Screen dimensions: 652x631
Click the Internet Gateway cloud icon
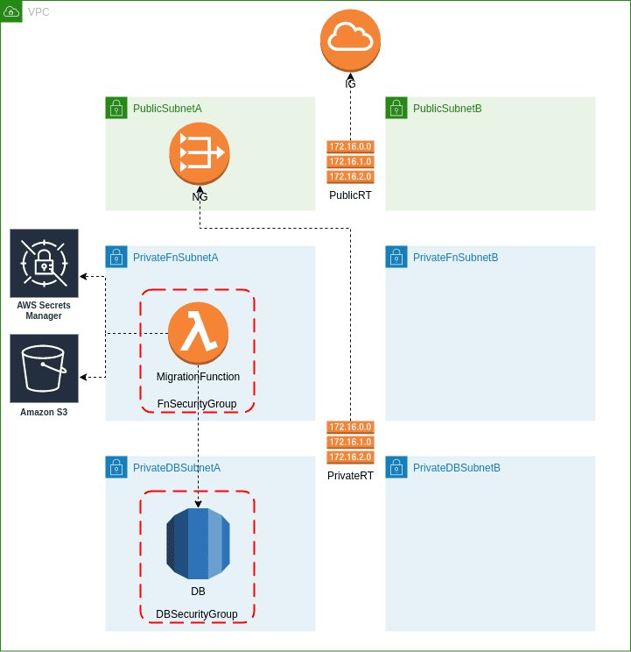[350, 40]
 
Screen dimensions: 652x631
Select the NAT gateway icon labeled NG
[200, 152]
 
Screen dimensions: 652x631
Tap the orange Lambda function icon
[199, 333]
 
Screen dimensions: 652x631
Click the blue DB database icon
[198, 543]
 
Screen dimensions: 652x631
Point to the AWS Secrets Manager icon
[44, 263]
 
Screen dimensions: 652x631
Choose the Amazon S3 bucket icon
[44, 368]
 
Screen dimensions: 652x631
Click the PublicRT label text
[350, 195]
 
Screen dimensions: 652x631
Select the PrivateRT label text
[350, 476]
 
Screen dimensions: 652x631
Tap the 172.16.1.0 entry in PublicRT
[350, 162]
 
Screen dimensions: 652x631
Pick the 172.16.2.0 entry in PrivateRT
[350, 457]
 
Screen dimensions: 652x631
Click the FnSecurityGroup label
[197, 404]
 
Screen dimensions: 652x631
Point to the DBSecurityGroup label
[197, 614]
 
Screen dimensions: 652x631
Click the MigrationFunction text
[198, 377]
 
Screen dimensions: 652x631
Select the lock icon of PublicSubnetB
[396, 108]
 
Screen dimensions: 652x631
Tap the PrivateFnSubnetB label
[455, 258]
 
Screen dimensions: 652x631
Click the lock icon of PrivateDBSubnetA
[116, 467]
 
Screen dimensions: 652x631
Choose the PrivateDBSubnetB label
[457, 468]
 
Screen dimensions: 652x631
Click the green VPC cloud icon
[11, 11]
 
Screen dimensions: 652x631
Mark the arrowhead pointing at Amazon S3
[84, 377]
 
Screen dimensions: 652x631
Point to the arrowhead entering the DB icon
[199, 504]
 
